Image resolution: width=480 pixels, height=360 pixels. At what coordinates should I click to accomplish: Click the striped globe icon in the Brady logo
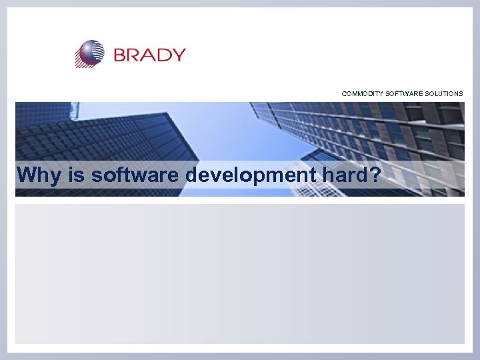coord(90,53)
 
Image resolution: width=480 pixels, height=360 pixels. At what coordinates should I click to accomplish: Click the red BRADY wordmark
coord(149,55)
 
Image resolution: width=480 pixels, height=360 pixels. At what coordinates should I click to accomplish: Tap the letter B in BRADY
coord(121,55)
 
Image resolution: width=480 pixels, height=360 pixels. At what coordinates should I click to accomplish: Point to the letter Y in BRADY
coord(178,55)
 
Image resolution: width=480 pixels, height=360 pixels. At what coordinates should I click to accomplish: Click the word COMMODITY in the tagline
coord(363,94)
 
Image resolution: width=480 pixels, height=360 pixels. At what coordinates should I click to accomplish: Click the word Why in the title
coord(35,176)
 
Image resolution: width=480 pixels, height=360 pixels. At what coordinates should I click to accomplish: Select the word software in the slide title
coord(135,175)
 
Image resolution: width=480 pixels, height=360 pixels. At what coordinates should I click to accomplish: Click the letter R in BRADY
coord(135,55)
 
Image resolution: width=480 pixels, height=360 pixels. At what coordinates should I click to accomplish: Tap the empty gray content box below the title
coord(240,273)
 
